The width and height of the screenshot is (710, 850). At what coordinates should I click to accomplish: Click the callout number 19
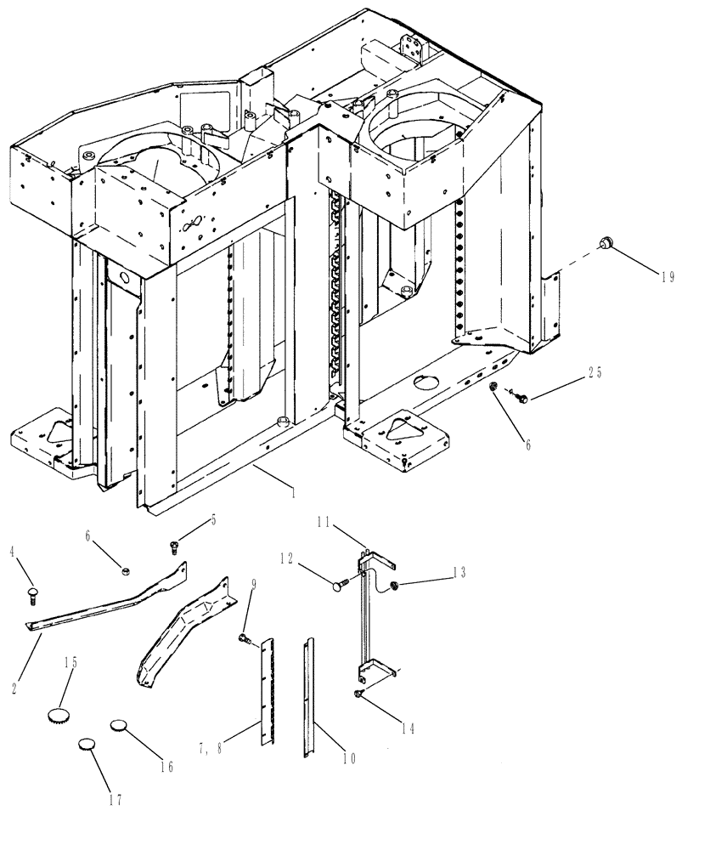point(668,276)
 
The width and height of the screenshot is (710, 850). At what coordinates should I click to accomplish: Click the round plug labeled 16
point(119,726)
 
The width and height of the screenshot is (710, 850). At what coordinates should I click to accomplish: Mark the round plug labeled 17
point(88,744)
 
